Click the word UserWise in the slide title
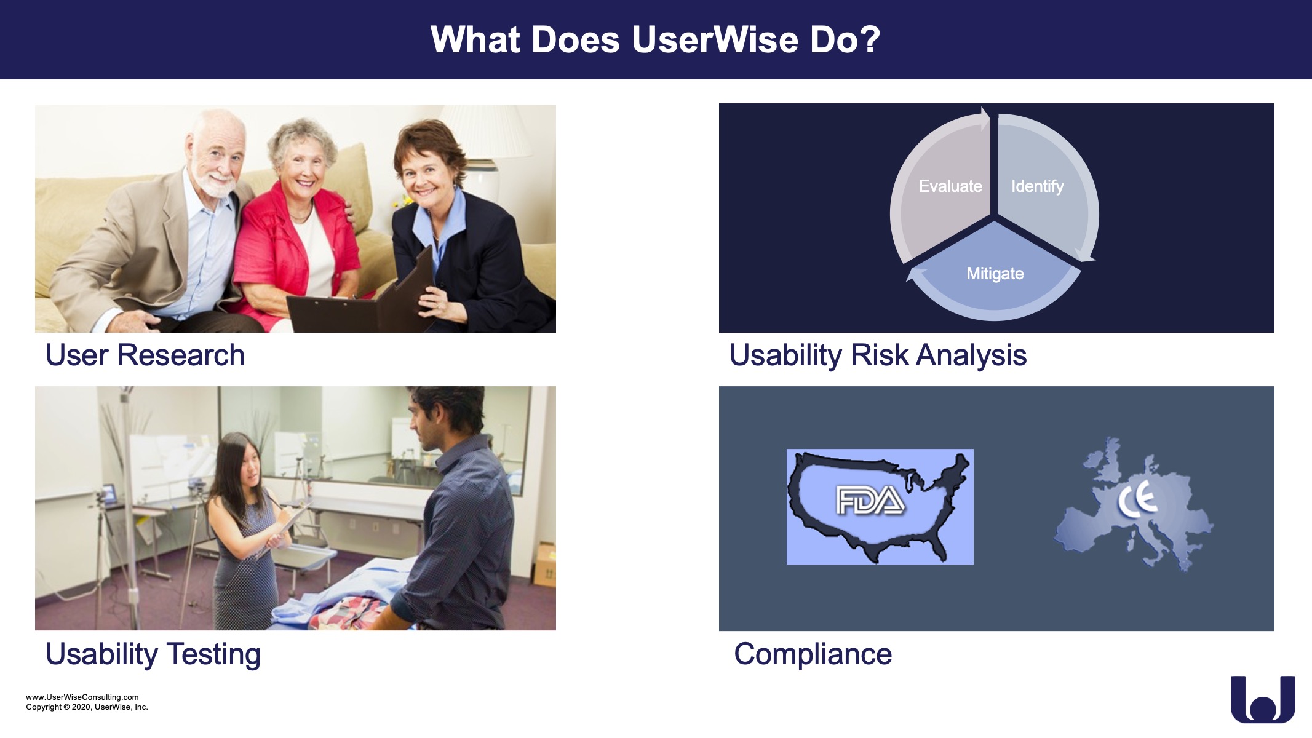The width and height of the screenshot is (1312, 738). pyautogui.click(x=715, y=40)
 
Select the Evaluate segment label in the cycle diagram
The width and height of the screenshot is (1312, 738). pyautogui.click(x=950, y=186)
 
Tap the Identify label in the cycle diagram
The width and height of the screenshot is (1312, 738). pyautogui.click(x=1038, y=186)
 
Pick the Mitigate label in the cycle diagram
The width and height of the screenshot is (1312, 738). pyautogui.click(x=995, y=274)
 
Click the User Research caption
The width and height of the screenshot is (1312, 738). pyautogui.click(x=145, y=355)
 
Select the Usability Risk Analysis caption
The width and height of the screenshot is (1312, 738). pyautogui.click(x=878, y=355)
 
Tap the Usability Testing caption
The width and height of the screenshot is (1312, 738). pyautogui.click(x=153, y=654)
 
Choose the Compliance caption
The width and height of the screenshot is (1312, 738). pyautogui.click(x=813, y=654)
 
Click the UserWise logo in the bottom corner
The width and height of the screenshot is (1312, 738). pyautogui.click(x=1263, y=699)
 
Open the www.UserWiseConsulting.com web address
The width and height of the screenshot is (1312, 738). pyautogui.click(x=82, y=697)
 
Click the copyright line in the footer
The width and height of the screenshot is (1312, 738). pyautogui.click(x=87, y=707)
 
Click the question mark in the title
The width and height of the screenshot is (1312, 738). pyautogui.click(x=870, y=40)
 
